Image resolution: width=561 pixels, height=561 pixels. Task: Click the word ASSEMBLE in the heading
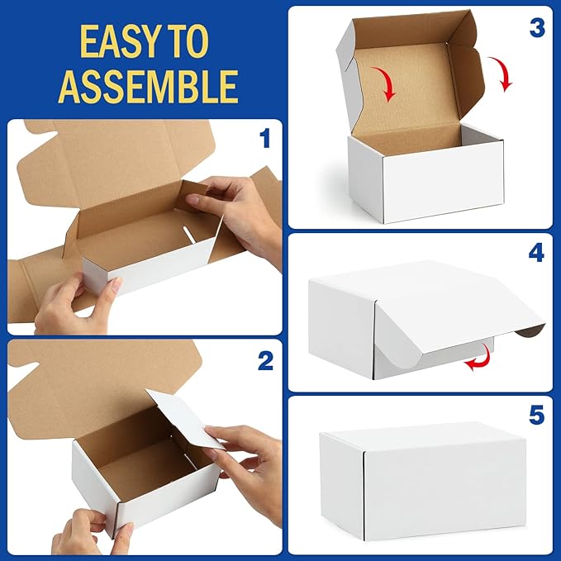(147, 85)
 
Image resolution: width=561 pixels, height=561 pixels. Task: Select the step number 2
(265, 360)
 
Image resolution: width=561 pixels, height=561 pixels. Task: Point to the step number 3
(536, 27)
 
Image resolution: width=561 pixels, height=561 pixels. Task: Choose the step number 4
(536, 252)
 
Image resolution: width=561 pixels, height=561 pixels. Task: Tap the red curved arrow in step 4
(477, 360)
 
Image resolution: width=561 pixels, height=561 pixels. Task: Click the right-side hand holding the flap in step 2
(248, 459)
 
